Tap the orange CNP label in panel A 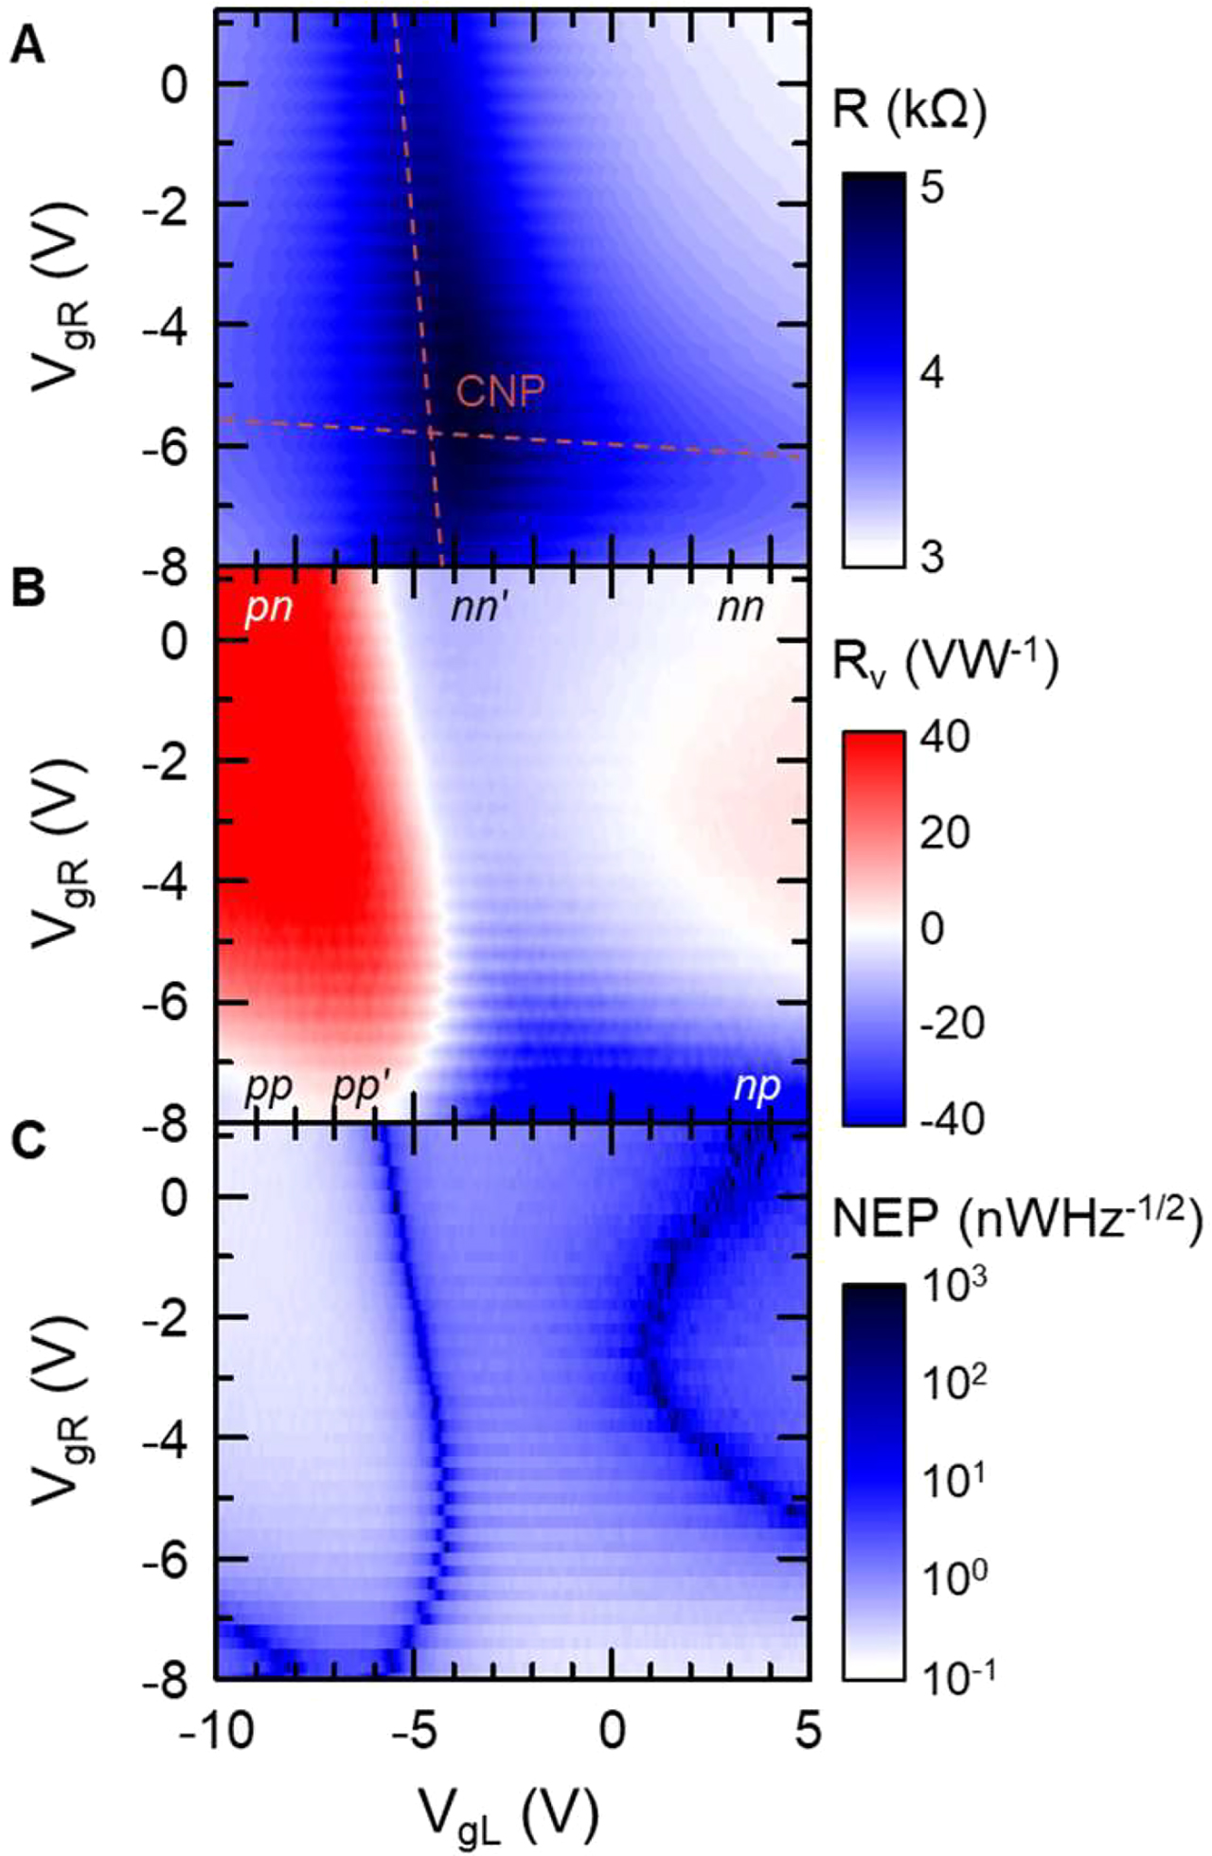click(x=501, y=391)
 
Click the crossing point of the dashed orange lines click(x=431, y=433)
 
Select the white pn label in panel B click(x=269, y=608)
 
